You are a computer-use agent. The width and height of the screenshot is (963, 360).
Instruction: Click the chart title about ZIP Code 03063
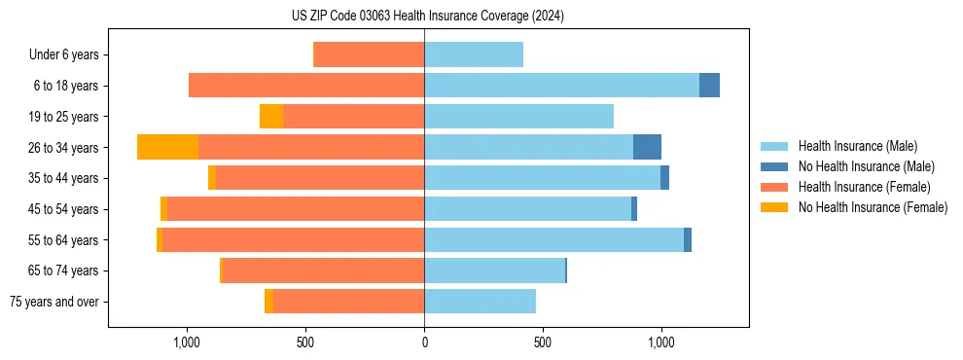tap(427, 16)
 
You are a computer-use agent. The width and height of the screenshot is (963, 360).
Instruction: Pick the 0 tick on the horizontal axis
tap(424, 342)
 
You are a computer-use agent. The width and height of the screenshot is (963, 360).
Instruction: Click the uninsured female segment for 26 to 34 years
tap(167, 147)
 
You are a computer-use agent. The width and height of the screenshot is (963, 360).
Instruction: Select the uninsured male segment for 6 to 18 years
tap(709, 86)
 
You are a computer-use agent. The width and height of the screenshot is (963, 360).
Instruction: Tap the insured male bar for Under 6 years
tap(474, 54)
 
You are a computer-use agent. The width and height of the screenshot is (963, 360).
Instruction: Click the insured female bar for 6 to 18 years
tap(306, 86)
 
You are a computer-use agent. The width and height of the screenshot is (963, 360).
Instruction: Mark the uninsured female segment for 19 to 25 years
tap(271, 117)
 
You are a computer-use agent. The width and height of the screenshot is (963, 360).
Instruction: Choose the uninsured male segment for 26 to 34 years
tap(647, 147)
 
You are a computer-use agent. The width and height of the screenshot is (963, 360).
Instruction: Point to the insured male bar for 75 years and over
tap(480, 302)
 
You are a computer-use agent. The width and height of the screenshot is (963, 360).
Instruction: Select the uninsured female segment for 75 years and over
tap(268, 302)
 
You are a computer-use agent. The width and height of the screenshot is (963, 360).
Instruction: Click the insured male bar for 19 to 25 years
tap(518, 117)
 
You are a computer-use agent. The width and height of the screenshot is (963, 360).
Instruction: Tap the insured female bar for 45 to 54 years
tap(296, 209)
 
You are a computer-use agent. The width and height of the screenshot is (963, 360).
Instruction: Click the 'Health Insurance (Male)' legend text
tap(857, 146)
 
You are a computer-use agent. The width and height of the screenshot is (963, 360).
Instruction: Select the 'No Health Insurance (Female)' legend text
tap(873, 207)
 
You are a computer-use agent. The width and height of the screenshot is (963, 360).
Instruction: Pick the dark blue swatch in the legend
tap(774, 166)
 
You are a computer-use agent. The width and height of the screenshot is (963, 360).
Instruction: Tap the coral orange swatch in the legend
tap(774, 187)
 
